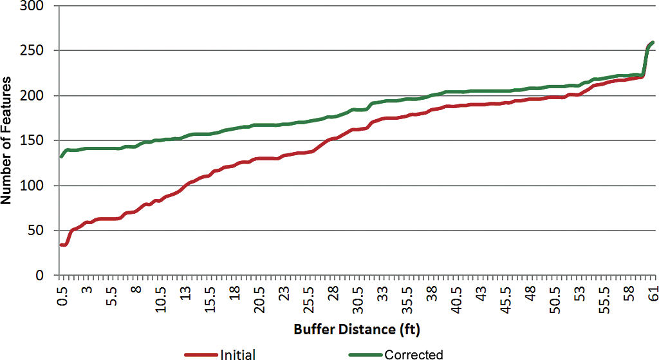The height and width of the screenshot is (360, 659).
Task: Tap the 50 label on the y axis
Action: (x=39, y=231)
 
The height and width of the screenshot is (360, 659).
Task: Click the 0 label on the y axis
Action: (x=42, y=276)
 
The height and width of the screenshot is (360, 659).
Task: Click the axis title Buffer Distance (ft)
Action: (x=357, y=330)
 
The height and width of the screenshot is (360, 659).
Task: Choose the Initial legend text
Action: (x=238, y=354)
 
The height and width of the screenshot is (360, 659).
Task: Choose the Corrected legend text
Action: (x=414, y=354)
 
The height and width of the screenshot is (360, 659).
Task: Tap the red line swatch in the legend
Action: (x=201, y=354)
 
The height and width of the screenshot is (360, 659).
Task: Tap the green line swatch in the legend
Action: (x=366, y=354)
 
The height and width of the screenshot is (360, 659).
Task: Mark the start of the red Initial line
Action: (x=61, y=245)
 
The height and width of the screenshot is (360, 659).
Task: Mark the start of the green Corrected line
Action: (x=61, y=156)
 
